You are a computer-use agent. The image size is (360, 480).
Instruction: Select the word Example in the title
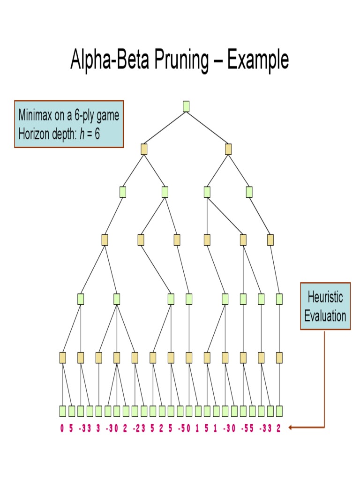pos(258,60)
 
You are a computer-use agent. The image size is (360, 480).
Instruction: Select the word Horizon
pos(33,134)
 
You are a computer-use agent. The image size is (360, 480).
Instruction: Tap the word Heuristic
pos(325,297)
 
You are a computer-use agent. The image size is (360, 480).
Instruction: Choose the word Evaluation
pos(325,315)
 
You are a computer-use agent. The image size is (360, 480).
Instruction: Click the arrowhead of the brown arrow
pos(291,427)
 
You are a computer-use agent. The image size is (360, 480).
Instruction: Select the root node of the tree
pos(186,106)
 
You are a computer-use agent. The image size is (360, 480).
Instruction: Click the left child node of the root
pos(144,149)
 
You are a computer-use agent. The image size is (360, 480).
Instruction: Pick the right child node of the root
pos(228,149)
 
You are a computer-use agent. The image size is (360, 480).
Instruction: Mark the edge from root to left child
pos(165,127)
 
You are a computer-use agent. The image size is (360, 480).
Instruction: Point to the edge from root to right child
pos(207,127)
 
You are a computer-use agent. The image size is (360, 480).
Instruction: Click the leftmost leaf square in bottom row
pos(63,411)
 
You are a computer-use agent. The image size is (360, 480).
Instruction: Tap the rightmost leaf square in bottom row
pos(279,411)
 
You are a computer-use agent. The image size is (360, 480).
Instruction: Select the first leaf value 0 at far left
pos(62,428)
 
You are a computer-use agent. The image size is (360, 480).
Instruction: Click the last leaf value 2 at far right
pos(278,428)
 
